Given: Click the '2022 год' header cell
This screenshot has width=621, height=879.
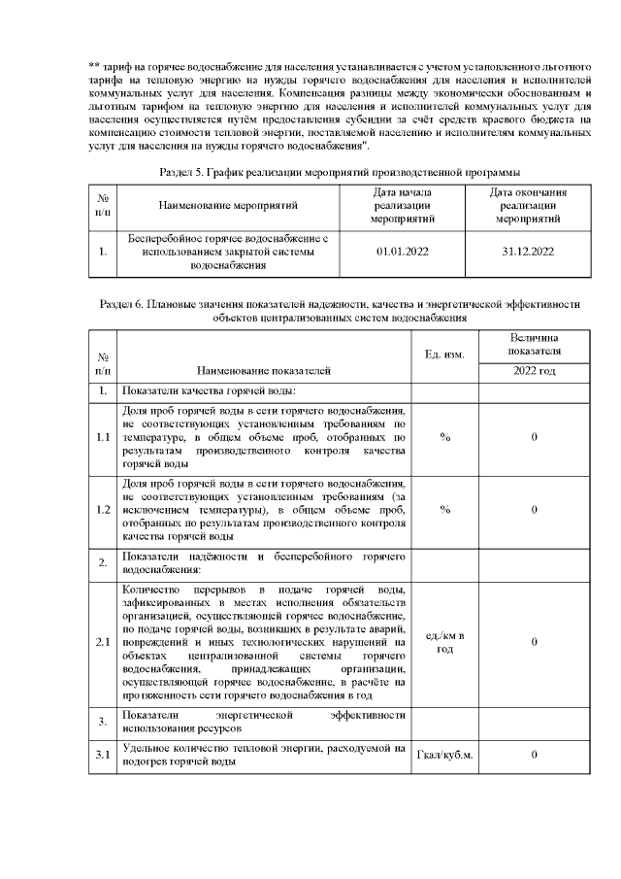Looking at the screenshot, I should (x=534, y=371).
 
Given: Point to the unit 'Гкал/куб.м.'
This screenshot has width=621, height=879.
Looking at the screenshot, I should (x=444, y=755).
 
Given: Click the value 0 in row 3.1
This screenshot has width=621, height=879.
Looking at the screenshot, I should (x=535, y=755).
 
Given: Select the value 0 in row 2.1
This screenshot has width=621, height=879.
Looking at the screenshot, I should (x=535, y=642).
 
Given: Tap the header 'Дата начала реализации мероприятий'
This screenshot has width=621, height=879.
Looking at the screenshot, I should (x=402, y=205).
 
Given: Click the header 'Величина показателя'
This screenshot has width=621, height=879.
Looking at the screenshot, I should (x=534, y=343).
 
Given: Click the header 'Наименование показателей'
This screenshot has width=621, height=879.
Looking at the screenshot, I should (x=263, y=370).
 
